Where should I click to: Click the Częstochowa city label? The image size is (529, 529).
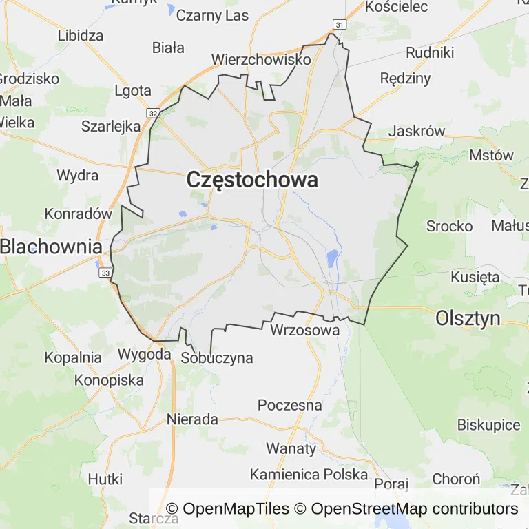[252, 180]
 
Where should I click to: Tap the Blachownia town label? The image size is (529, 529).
[51, 246]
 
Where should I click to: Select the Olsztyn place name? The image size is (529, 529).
[468, 318]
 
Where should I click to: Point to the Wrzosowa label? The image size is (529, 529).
[305, 331]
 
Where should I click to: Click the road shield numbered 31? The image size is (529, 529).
[338, 25]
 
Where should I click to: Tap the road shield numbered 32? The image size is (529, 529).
[153, 113]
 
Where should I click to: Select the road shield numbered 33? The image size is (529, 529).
[105, 273]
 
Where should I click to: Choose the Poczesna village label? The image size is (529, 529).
[289, 405]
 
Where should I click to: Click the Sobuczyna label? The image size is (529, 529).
[216, 358]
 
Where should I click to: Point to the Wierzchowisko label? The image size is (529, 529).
[262, 60]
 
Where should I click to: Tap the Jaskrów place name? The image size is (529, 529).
[417, 132]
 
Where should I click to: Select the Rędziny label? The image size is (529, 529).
[405, 79]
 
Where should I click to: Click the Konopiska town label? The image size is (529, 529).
[109, 380]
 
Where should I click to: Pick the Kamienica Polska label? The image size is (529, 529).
[309, 475]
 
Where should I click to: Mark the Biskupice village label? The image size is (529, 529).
[489, 425]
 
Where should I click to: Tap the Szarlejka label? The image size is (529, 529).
[111, 126]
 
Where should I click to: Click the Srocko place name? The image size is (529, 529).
[449, 226]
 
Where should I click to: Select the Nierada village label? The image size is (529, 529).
[192, 419]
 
